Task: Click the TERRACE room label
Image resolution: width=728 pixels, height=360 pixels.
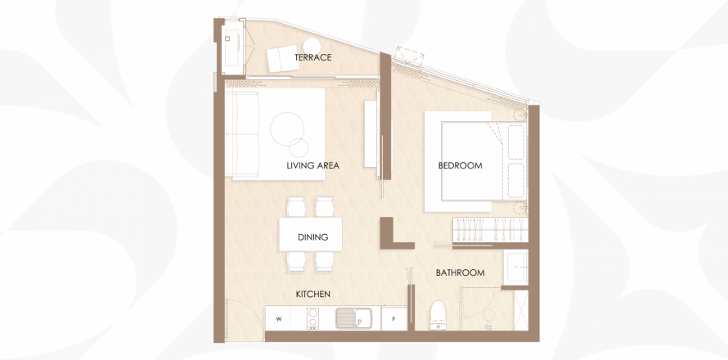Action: [313, 57]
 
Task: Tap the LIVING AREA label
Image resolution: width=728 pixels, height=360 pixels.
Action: [313, 165]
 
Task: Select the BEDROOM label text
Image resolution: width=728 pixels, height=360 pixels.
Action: [460, 165]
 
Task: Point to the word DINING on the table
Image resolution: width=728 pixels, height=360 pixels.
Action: [313, 237]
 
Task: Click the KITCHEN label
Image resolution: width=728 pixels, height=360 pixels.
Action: [313, 294]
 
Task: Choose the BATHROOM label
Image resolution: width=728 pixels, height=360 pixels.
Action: [460, 272]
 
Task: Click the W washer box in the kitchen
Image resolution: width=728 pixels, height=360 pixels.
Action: [279, 318]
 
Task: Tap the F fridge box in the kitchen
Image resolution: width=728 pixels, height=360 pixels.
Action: [393, 318]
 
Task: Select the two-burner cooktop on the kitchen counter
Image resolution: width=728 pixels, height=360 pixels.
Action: [314, 318]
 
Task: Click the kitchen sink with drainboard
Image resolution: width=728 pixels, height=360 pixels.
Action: [354, 318]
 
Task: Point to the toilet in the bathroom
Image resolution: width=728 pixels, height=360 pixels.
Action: [438, 316]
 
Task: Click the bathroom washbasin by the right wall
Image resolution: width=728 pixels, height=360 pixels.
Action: [516, 267]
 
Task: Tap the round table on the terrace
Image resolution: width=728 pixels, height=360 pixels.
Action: [312, 47]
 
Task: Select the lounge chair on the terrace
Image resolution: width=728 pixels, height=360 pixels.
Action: [283, 59]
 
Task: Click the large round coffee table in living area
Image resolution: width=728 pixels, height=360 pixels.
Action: [287, 128]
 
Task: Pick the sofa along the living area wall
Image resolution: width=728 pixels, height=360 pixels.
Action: [242, 133]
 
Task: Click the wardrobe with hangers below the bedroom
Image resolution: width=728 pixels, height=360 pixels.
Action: [490, 229]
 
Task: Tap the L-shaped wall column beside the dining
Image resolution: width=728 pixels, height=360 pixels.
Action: [393, 236]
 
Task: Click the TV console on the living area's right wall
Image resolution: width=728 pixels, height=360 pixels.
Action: [370, 134]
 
